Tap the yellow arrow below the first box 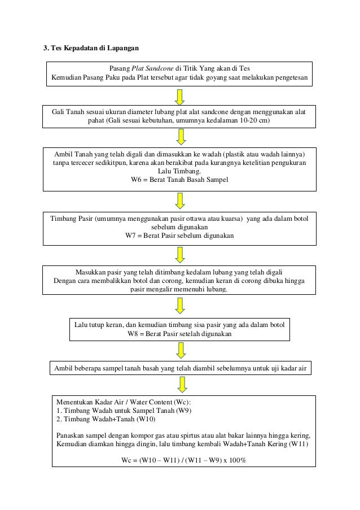180,96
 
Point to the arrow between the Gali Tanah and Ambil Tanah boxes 180,137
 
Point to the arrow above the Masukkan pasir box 180,254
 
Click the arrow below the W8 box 180,350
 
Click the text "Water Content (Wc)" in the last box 157,402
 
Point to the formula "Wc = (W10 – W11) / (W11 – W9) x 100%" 184,459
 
